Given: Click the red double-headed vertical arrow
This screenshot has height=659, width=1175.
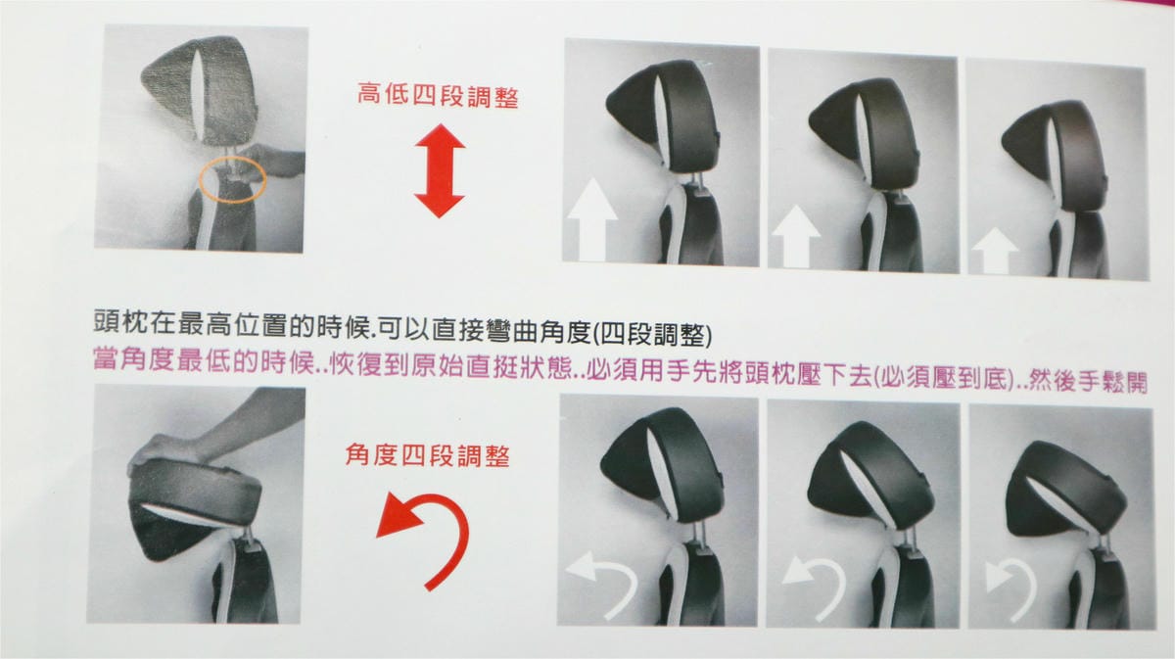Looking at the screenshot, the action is tap(440, 170).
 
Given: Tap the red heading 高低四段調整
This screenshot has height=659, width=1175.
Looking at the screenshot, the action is tap(438, 96).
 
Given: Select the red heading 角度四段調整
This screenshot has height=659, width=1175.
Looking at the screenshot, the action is tap(427, 455).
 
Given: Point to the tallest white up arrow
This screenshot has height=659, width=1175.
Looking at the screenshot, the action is tap(592, 219).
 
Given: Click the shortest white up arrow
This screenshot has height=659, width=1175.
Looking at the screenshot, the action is tap(995, 251).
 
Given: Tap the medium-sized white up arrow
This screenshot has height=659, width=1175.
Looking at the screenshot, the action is tap(796, 236).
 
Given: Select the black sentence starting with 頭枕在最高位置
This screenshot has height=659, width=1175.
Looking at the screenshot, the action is tap(402, 328).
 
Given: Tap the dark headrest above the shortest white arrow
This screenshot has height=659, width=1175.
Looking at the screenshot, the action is tap(1056, 152).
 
